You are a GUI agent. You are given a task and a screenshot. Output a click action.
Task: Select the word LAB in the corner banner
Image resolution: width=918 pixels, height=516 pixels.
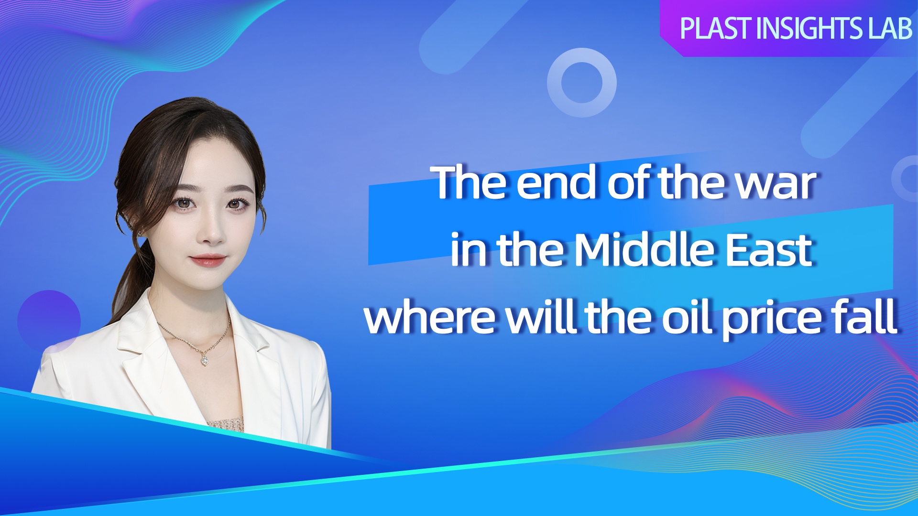coord(890,28)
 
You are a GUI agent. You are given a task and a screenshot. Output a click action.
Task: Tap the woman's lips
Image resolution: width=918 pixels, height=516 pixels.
coord(208,260)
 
